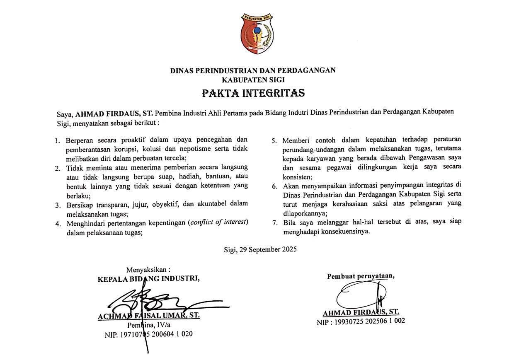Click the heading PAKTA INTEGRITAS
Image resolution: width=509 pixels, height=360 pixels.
(x=253, y=93)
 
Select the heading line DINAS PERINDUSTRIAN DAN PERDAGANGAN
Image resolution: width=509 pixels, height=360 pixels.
(x=253, y=70)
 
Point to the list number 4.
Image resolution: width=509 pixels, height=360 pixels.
(x=58, y=224)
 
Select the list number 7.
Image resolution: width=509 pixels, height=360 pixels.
(x=274, y=223)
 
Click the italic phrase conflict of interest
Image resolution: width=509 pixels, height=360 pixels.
(x=218, y=223)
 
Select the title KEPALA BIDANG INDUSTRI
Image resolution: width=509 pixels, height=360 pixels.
(x=148, y=279)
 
